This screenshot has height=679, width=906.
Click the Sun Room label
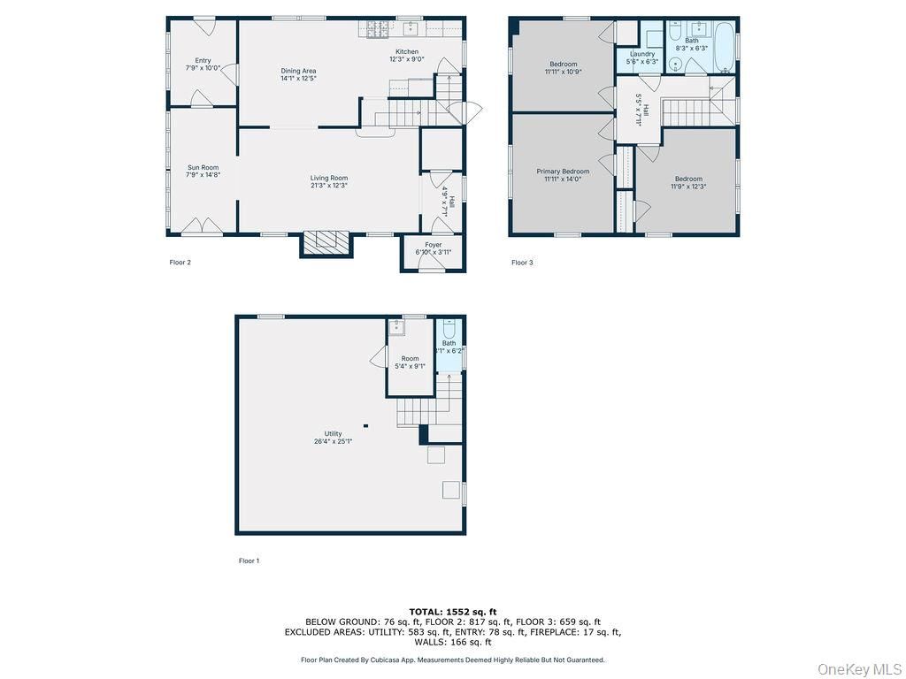(203, 167)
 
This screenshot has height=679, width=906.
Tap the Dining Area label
(298, 71)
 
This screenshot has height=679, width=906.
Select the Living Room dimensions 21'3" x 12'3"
(328, 186)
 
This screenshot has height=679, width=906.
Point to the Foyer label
(434, 245)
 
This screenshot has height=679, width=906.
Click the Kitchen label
(407, 51)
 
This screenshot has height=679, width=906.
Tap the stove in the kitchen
(378, 29)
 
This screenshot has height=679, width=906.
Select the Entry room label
(203, 60)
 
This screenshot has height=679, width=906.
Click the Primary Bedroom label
(563, 171)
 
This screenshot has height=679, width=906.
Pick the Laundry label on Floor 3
(641, 54)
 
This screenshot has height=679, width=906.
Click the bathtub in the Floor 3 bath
(723, 46)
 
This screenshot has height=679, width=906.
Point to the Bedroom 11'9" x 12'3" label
(687, 179)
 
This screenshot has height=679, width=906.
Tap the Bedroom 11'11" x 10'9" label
(563, 64)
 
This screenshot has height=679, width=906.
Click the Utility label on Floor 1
(333, 433)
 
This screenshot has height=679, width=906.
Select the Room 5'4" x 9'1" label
(410, 358)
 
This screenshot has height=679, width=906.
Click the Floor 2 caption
(180, 262)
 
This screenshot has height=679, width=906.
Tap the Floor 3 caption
(522, 262)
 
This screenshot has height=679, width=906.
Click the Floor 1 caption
(249, 561)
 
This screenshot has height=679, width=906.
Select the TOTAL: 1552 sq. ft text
(452, 612)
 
